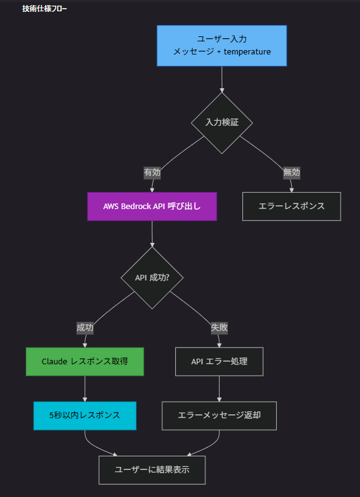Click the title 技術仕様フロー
click(x=44, y=9)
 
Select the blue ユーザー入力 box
click(x=222, y=46)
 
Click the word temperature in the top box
click(x=247, y=52)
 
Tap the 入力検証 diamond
click(x=222, y=123)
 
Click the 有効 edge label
click(x=152, y=173)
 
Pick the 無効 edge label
click(x=292, y=173)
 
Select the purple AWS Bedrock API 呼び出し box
click(x=152, y=207)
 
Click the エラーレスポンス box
click(x=292, y=207)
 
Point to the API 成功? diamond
click(x=152, y=278)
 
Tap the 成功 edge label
click(x=85, y=327)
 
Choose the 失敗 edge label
click(x=219, y=327)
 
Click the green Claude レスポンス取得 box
click(x=85, y=362)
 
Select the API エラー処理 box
click(x=219, y=362)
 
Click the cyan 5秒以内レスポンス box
click(x=85, y=416)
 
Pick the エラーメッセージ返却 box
click(x=219, y=416)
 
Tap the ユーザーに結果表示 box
click(x=152, y=470)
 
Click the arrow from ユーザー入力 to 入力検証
click(x=222, y=79)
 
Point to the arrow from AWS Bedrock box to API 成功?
click(x=152, y=233)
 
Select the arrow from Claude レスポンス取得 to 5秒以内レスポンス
click(x=85, y=389)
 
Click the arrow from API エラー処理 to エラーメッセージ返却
click(x=219, y=389)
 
